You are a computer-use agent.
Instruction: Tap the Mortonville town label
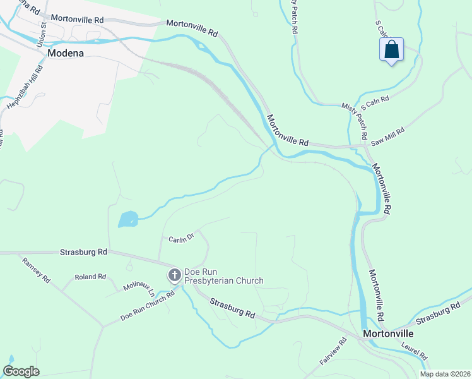point(387,333)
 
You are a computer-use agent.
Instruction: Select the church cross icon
point(174,275)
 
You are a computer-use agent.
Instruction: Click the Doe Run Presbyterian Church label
point(223,276)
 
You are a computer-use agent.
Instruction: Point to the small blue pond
point(128,219)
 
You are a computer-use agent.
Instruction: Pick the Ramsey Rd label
point(35,270)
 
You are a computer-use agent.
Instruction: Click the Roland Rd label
point(90,277)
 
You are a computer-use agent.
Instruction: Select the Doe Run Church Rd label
point(148,307)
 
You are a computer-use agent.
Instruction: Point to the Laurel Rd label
point(415,351)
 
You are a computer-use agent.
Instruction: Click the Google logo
point(21,371)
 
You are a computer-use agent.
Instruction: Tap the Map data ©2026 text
point(445,374)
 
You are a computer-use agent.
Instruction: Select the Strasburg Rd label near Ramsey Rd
point(84,251)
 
